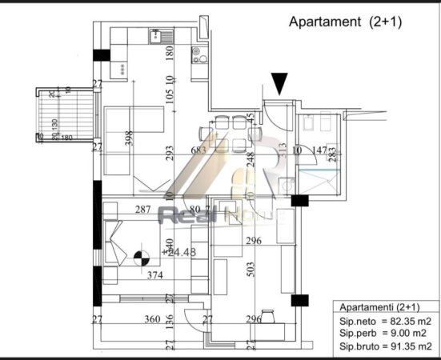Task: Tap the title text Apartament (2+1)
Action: tap(345, 22)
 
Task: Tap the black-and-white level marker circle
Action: tap(143, 258)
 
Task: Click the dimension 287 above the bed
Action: tap(142, 210)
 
